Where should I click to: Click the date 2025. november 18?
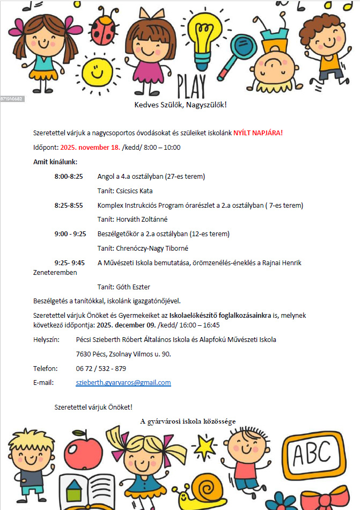(x=90, y=147)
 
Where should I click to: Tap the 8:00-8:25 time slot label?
(x=69, y=176)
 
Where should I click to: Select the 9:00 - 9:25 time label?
(x=70, y=234)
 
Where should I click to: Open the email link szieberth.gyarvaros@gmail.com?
(x=123, y=383)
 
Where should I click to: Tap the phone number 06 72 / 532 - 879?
(x=101, y=368)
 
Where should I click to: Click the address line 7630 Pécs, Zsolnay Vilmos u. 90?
(x=123, y=354)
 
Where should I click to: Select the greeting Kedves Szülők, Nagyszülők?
(x=180, y=104)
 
